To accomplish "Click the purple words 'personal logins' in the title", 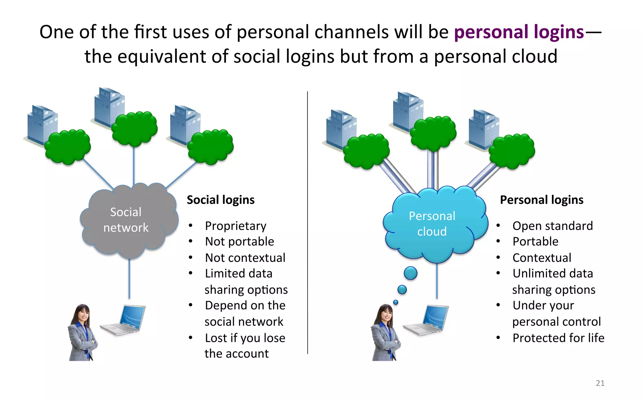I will coord(519,32).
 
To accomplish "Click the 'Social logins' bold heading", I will coord(221,200).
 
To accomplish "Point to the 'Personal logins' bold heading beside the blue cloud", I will coord(541,200).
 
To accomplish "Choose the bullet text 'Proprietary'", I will coord(235,226).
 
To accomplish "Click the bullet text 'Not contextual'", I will coord(245,258).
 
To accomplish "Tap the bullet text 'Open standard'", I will coord(552,226).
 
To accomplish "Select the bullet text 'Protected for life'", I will coord(558,338).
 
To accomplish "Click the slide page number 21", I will coord(600,383).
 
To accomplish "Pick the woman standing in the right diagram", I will coord(385,334).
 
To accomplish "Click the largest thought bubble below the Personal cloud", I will coord(410,273).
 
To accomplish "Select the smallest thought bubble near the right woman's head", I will coord(396,302).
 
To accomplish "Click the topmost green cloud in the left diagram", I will coord(134,128).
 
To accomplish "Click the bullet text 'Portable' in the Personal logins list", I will coord(535,242).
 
